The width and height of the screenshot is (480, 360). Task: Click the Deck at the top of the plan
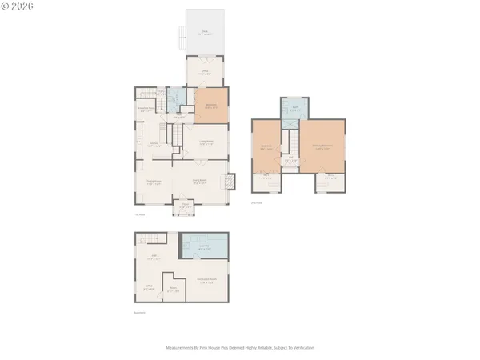(205, 32)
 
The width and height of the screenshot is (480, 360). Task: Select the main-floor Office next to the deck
(205, 72)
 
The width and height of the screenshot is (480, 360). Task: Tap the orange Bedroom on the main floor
(212, 105)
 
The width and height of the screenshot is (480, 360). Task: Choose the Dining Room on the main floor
(154, 182)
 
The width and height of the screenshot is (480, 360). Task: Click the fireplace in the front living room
(230, 182)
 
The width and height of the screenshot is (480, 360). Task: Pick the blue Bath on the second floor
(294, 108)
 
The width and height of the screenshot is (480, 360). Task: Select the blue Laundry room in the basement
(203, 249)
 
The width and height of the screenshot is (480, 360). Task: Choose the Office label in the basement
(149, 286)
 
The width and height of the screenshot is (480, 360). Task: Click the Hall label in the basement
(155, 258)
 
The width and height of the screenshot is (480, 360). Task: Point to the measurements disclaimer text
(239, 347)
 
